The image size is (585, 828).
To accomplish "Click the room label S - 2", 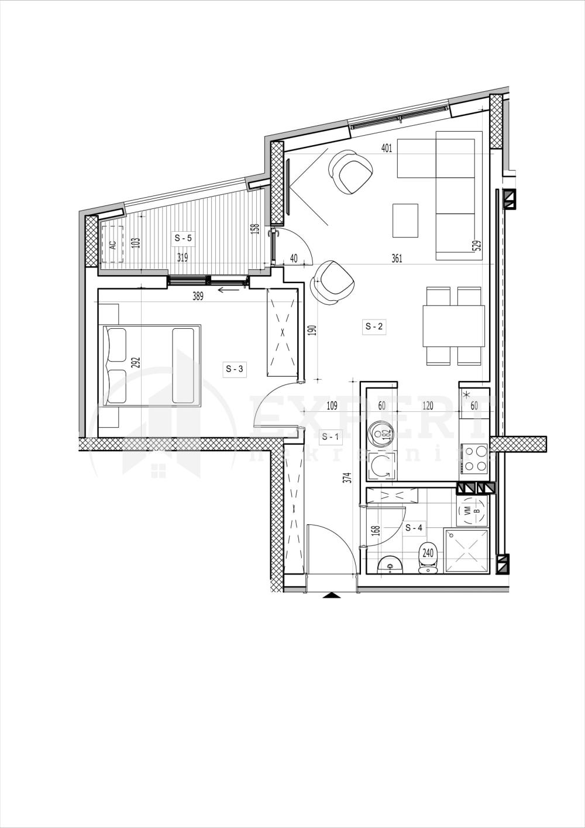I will tap(374, 327).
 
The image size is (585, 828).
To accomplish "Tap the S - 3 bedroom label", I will tap(234, 369).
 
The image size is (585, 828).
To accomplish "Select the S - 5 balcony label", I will tap(183, 238).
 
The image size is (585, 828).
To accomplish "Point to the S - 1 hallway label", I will tap(331, 436).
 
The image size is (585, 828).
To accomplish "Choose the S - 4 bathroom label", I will tap(414, 527).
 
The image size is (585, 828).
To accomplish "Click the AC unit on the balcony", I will tap(113, 245).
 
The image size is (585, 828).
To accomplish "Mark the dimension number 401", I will tap(386, 148).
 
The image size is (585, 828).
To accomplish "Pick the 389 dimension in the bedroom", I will tap(198, 297).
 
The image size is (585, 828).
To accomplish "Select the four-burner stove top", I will tap(474, 459).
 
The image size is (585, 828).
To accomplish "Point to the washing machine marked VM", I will tap(472, 511).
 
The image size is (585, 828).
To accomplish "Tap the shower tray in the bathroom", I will tap(466, 551).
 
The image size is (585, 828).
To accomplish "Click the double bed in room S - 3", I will tap(152, 366).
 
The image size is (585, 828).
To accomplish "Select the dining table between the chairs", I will tap(454, 326).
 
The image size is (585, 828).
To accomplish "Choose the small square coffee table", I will tap(405, 220).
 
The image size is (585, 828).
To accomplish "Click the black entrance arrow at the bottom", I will tap(332, 596).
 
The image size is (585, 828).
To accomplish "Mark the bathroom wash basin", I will tap(389, 565).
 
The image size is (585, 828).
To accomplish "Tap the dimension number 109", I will tap(332, 406).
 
